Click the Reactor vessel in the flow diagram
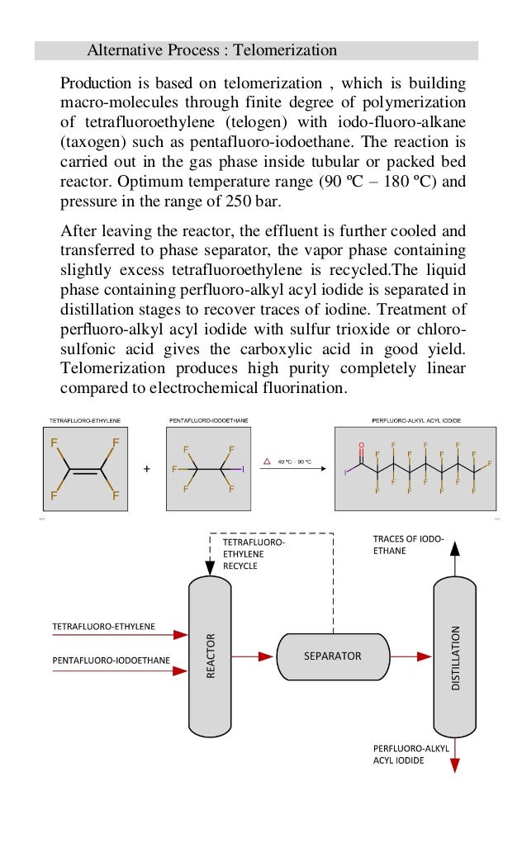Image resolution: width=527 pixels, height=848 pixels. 210,656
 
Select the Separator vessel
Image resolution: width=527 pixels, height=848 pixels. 332,656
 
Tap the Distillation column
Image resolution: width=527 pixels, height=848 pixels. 453,656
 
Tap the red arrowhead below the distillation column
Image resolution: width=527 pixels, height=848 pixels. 453,766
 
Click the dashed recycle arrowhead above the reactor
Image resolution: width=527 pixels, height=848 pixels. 210,568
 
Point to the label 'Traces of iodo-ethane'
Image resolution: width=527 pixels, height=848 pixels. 408,544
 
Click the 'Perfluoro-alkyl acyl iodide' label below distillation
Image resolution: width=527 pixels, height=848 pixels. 411,754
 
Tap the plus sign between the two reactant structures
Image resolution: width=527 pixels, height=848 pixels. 147,469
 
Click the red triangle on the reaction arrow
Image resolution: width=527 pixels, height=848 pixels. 267,462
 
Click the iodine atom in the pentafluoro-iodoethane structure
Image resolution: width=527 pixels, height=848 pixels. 244,469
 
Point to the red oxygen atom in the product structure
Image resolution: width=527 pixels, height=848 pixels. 361,446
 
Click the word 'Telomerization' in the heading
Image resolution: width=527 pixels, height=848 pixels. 285,51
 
